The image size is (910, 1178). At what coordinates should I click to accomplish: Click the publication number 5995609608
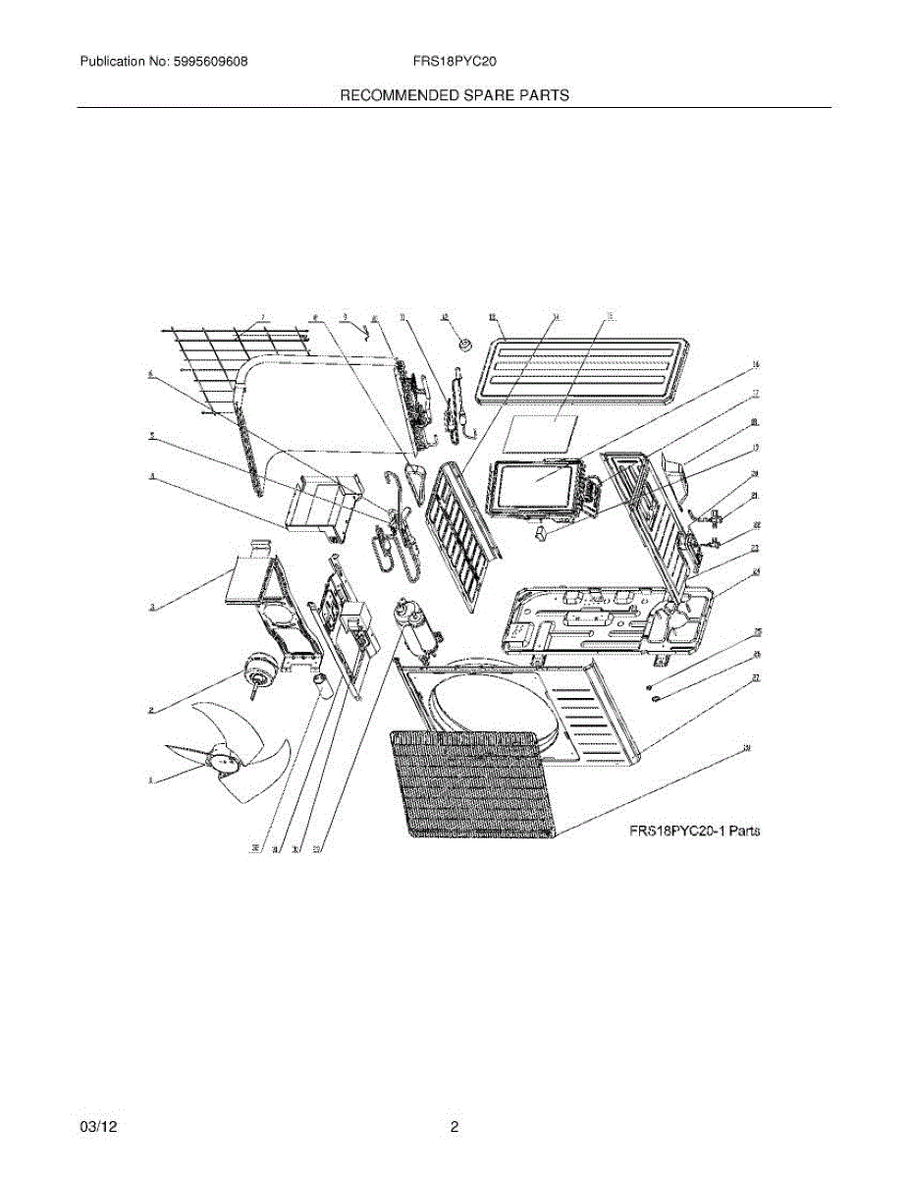205,62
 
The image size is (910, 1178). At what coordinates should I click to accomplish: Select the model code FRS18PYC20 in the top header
455,62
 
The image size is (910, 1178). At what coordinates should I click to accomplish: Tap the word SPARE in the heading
484,95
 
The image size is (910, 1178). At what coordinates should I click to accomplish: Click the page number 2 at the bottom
455,1128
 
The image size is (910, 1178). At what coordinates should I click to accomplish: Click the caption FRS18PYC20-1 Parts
695,831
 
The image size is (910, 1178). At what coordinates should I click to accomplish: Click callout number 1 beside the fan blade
150,781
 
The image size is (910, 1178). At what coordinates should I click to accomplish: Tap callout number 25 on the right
757,632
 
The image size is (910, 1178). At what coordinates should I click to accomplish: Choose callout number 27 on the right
757,677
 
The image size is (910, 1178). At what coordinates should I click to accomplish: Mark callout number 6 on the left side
151,374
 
